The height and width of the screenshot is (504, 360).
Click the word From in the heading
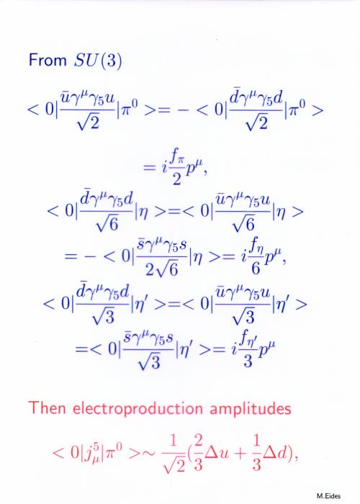48,60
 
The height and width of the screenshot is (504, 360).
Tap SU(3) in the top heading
98,60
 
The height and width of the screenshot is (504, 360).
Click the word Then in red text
47,408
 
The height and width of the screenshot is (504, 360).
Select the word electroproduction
138,409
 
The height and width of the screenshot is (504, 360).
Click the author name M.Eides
328,496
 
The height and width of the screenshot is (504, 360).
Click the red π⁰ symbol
112,451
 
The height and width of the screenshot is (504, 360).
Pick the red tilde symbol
149,453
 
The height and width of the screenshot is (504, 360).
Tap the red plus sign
240,453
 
